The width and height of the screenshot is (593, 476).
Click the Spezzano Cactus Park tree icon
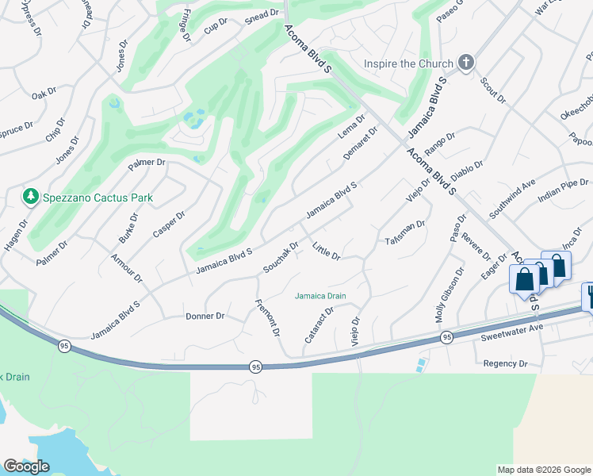(30, 196)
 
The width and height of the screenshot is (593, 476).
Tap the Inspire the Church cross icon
(466, 63)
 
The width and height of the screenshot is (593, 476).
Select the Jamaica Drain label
(321, 296)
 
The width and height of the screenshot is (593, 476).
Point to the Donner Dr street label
(205, 316)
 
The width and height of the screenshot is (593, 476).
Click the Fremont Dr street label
(269, 317)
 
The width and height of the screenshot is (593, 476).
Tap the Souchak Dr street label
(281, 256)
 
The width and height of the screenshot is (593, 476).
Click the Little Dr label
(326, 251)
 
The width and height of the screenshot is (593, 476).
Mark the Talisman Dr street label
(405, 232)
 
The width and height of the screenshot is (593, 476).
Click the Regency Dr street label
(505, 363)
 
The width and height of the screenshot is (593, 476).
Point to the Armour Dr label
(127, 268)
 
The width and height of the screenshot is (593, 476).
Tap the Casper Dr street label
(169, 225)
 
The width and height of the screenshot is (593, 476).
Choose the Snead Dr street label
(264, 13)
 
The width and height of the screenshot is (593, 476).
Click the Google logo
(27, 466)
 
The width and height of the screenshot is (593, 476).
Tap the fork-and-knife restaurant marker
(589, 296)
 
